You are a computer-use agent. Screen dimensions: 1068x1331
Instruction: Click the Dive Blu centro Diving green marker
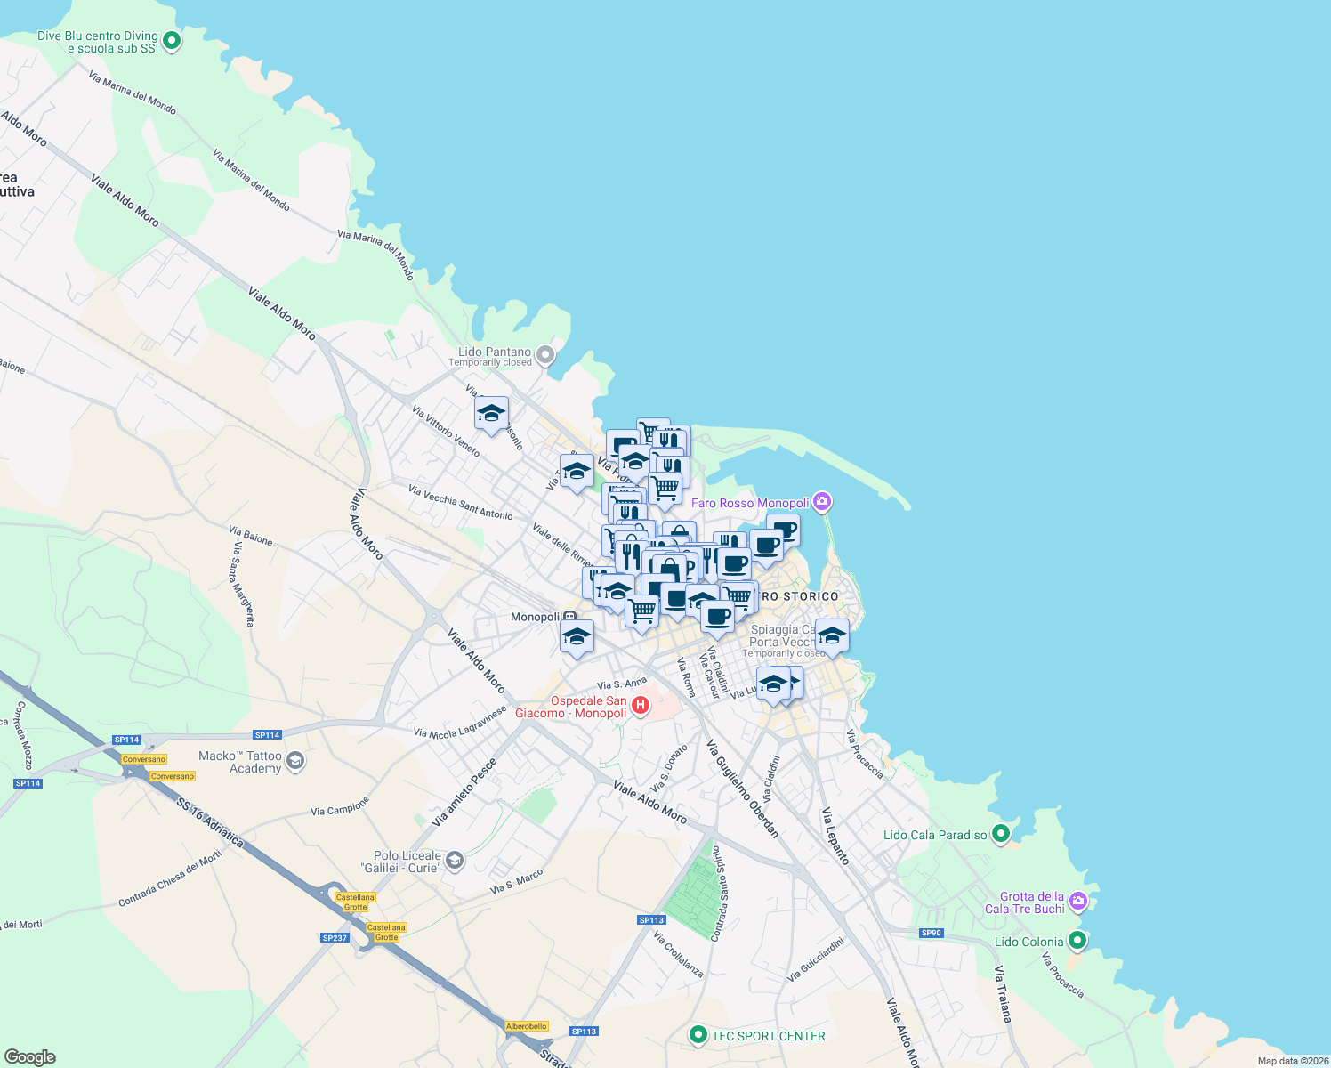pyautogui.click(x=173, y=40)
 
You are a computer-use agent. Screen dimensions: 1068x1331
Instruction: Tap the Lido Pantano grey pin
pyautogui.click(x=546, y=356)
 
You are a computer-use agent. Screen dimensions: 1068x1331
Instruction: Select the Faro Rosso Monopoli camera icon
pyautogui.click(x=822, y=502)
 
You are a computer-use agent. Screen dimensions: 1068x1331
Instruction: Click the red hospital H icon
pyautogui.click(x=640, y=707)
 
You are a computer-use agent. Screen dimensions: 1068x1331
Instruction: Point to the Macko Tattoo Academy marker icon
pyautogui.click(x=296, y=761)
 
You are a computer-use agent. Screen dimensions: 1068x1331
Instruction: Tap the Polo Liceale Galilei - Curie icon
pyautogui.click(x=455, y=861)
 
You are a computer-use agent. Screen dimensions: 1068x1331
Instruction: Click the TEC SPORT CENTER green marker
pyautogui.click(x=698, y=1035)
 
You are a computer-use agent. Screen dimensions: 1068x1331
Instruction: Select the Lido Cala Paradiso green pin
pyautogui.click(x=1001, y=834)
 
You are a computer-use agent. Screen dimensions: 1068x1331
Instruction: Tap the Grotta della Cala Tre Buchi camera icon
pyautogui.click(x=1078, y=902)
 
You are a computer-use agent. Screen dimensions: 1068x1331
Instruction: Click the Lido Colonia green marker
pyautogui.click(x=1077, y=941)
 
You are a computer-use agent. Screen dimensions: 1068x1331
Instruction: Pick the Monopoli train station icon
pyautogui.click(x=569, y=617)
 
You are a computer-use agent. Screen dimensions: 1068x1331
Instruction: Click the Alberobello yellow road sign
pyautogui.click(x=527, y=1026)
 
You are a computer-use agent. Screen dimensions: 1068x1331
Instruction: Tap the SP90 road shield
pyautogui.click(x=931, y=933)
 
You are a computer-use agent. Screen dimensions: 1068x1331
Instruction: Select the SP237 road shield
pyautogui.click(x=335, y=938)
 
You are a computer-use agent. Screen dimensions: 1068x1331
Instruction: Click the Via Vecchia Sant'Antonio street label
pyautogui.click(x=460, y=503)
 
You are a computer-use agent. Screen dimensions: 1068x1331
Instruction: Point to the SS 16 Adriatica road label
pyautogui.click(x=210, y=822)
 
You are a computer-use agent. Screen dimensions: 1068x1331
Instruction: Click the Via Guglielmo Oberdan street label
pyautogui.click(x=743, y=789)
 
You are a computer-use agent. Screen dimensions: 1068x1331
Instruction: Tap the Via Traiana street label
pyautogui.click(x=1003, y=993)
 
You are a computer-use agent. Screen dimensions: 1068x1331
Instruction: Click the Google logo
pyautogui.click(x=30, y=1057)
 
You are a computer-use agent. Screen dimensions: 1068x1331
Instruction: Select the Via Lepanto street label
pyautogui.click(x=835, y=836)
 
